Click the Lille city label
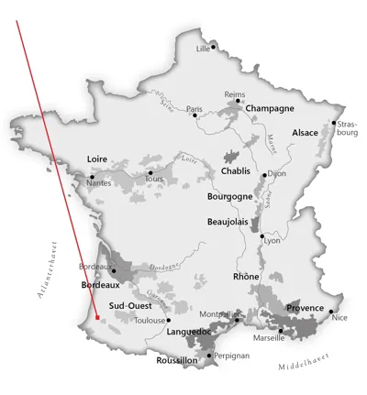pos(202,49)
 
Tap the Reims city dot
pos(239,101)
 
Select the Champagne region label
pos(270,108)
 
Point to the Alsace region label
pos(305,133)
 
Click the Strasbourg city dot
pos(334,123)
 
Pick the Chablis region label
pos(239,171)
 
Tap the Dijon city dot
pos(264,175)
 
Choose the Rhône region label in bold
pos(247,277)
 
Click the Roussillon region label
pos(177,361)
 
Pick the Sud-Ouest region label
pos(129,306)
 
